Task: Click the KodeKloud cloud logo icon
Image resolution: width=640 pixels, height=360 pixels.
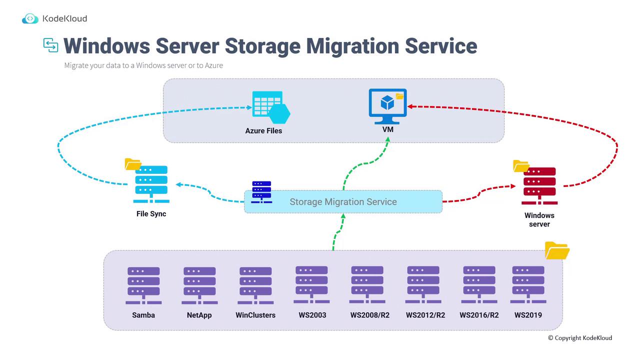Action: pos(30,19)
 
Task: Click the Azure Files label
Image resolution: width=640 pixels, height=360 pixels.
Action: pos(263,131)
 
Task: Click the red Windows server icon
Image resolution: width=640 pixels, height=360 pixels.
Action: pos(539,185)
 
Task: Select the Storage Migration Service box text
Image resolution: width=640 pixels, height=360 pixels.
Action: pos(343,202)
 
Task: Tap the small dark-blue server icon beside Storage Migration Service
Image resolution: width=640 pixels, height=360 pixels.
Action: pos(261,192)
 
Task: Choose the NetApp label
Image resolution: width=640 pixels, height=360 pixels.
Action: pos(199,315)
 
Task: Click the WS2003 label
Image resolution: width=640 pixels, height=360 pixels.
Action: pos(312,315)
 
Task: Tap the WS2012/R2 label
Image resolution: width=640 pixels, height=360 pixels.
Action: pos(425,315)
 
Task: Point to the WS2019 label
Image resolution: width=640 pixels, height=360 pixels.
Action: pos(528,315)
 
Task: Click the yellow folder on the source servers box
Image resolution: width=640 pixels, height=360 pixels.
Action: pos(557,250)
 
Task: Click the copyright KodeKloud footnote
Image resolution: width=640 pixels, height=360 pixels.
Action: pos(579,338)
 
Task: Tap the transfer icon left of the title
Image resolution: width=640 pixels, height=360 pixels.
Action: pos(50,45)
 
